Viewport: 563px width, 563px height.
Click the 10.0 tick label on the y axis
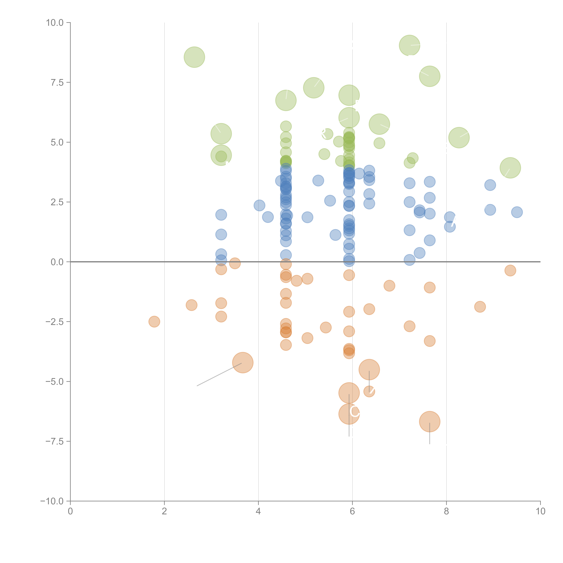click(55, 23)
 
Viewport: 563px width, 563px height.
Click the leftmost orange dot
click(154, 321)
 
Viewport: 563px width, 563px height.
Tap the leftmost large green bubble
click(194, 57)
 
